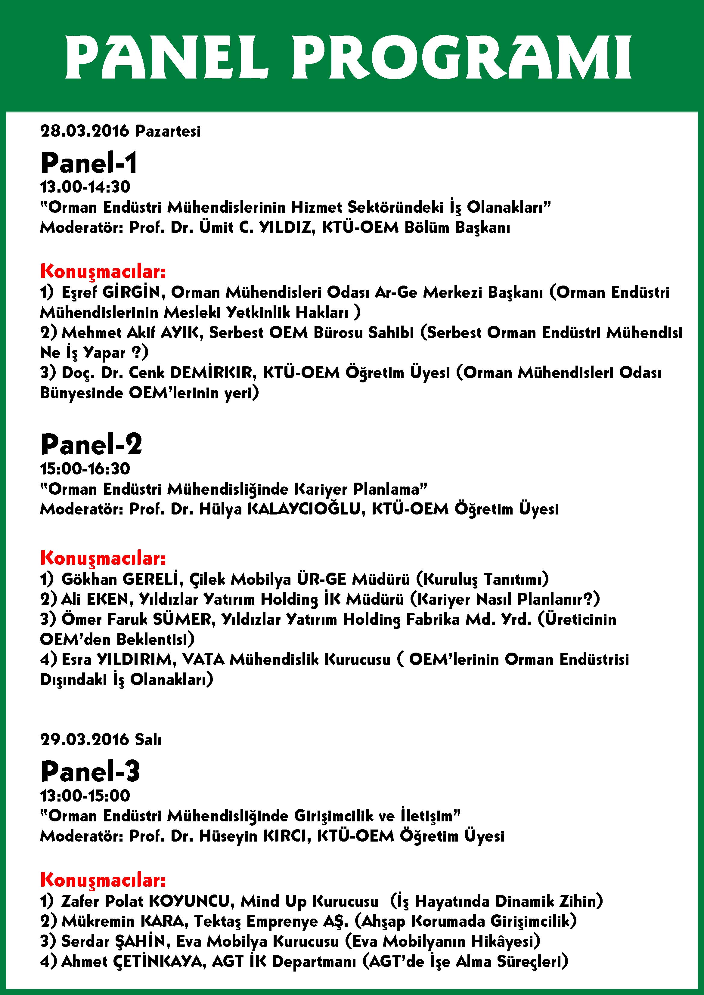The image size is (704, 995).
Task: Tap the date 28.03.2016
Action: (85, 131)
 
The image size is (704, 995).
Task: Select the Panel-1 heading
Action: (89, 163)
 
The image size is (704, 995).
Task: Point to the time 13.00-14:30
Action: (85, 187)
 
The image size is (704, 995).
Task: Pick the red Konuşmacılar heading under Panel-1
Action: (103, 272)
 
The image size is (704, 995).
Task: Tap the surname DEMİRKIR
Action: (211, 373)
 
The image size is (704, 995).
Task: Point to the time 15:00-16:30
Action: (85, 468)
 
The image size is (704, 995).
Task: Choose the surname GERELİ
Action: (151, 579)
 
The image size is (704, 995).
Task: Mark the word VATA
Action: (203, 660)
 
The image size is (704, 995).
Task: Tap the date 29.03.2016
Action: (85, 739)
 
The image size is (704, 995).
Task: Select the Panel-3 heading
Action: (90, 771)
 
